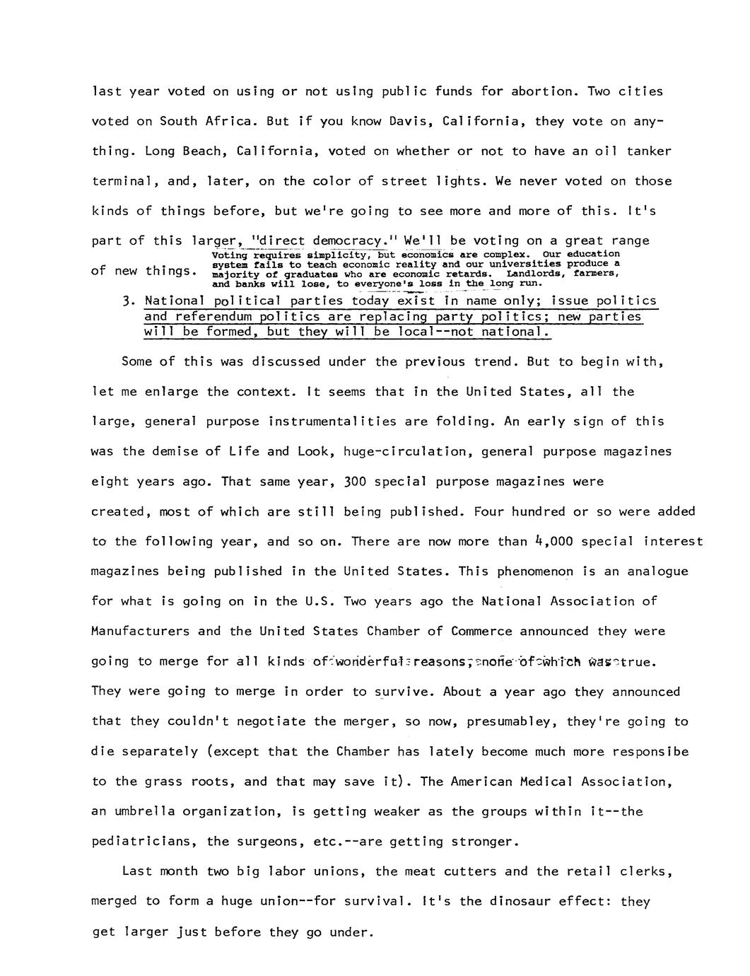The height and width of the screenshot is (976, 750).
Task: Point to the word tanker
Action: [648, 151]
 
